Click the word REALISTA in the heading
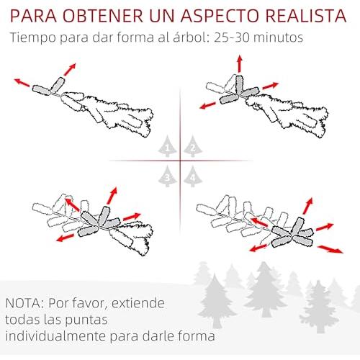point(305,16)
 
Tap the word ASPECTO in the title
point(219,16)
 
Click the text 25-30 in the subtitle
point(231,37)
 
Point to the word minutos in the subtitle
point(278,37)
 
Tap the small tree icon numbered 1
point(167,146)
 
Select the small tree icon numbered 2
point(193,146)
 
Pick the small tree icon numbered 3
point(167,176)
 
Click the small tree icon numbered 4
point(193,176)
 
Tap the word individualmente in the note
point(55,336)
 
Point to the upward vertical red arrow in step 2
point(239,63)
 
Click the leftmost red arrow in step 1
point(22,82)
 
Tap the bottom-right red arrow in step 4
point(330,249)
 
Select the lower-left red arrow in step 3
point(66,238)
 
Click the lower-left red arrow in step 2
point(207,105)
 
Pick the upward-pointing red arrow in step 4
point(307,206)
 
